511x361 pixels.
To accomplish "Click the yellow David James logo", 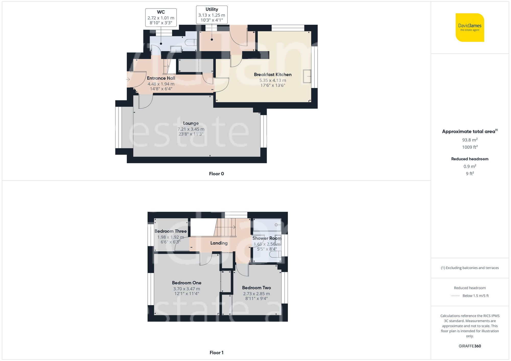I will (470, 28).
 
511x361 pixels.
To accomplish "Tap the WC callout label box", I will (161, 17).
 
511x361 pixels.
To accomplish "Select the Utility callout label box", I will (212, 15).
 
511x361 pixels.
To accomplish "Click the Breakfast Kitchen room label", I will (273, 74).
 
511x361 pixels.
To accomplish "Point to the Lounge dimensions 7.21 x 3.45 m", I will (191, 129).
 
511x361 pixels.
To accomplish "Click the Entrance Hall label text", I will (161, 78).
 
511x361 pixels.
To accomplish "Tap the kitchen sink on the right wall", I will (307, 76).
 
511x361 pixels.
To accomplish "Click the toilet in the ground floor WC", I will (190, 42).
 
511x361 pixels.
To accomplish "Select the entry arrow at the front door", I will (128, 80).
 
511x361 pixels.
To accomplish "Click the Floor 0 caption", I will (216, 174).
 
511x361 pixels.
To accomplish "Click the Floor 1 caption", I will (216, 353).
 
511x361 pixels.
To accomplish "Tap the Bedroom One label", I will (187, 283).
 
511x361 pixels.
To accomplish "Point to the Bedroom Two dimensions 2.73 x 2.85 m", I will (256, 294).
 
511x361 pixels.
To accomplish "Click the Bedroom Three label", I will (170, 231).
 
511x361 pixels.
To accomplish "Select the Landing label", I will (219, 243).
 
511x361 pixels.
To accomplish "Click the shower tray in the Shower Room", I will (267, 225).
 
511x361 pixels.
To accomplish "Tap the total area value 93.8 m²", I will (470, 140).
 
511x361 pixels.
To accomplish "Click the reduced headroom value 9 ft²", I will (470, 173).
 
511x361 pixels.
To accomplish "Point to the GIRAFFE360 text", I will (470, 346).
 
